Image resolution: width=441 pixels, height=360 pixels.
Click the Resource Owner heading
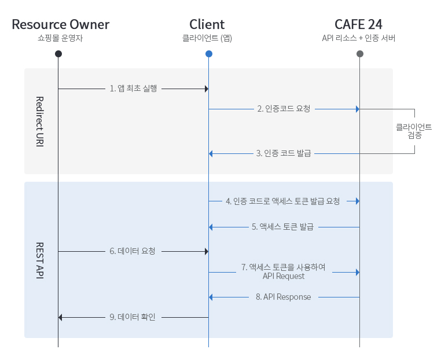point(60,24)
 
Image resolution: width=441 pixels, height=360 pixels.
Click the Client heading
point(207,24)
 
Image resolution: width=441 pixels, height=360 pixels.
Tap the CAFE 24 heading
point(359,24)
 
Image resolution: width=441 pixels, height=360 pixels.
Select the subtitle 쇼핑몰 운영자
point(58,39)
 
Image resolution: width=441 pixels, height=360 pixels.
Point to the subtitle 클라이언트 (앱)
point(207,39)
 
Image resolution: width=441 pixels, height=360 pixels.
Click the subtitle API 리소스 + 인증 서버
point(359,39)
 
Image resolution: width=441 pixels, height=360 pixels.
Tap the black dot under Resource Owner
point(58,54)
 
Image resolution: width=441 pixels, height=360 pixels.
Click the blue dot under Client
point(208,54)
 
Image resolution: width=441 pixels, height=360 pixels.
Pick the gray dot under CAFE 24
point(359,54)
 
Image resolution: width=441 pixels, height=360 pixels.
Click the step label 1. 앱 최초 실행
point(133,89)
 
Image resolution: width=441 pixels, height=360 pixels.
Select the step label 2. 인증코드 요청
point(284,109)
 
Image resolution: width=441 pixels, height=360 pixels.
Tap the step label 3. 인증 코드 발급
point(284,153)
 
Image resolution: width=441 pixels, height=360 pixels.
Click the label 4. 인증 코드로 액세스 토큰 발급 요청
point(283,201)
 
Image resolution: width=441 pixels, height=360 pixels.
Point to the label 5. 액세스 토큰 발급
point(282,227)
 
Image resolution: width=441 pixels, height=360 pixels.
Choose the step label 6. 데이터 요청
point(133,252)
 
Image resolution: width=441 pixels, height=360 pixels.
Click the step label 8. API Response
point(283,297)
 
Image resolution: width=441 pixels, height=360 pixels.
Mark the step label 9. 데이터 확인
point(133,317)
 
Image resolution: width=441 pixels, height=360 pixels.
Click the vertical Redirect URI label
point(40,120)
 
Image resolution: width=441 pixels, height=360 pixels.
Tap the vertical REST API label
point(40,260)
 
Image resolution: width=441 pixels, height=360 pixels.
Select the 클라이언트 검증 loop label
point(414,131)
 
